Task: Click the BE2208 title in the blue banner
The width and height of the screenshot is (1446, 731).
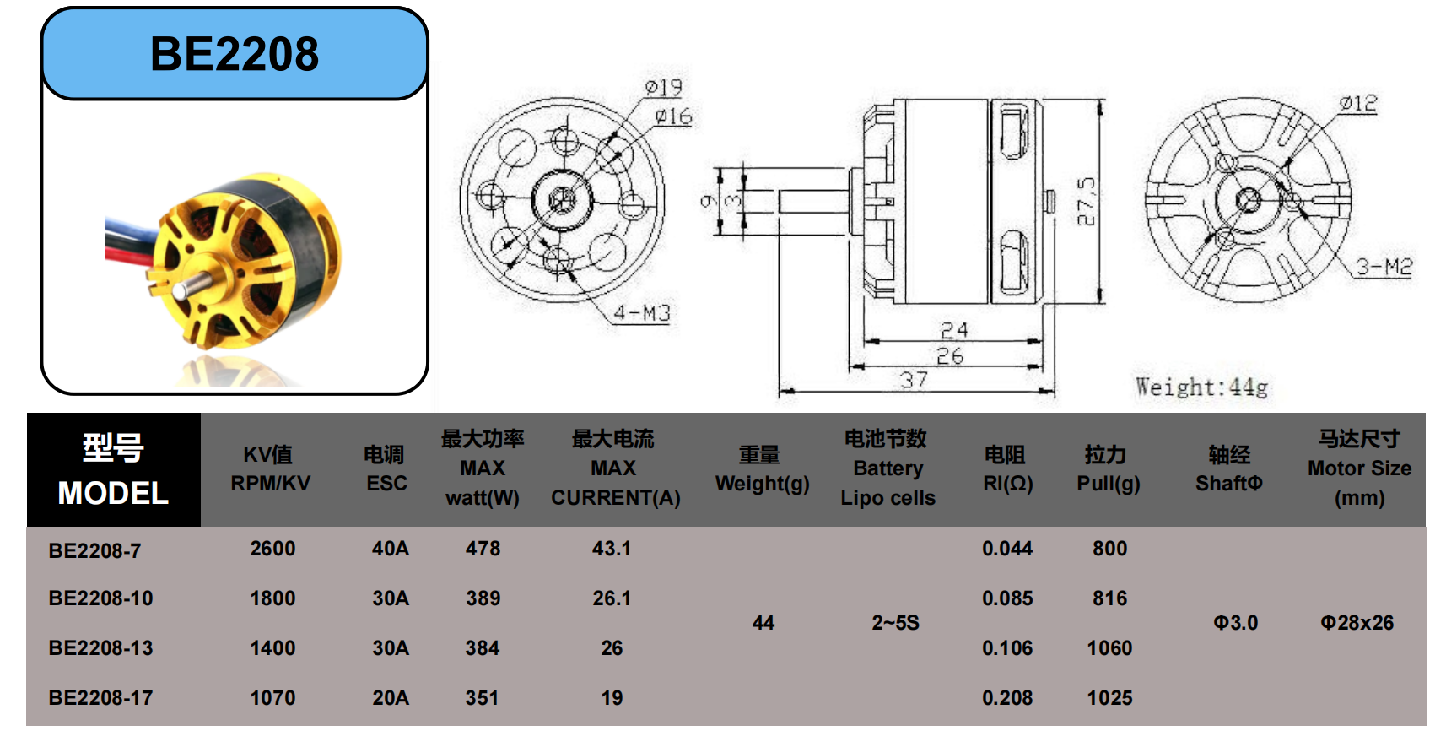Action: (x=235, y=54)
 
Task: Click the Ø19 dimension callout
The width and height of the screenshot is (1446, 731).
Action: (x=663, y=88)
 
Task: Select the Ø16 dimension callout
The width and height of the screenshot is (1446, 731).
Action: (x=673, y=116)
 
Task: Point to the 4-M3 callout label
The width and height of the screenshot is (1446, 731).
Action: (x=642, y=313)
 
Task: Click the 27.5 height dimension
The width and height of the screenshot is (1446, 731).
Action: (x=1086, y=201)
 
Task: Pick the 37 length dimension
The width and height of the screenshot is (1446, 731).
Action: (x=914, y=380)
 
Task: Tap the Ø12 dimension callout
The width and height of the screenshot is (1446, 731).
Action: (x=1358, y=103)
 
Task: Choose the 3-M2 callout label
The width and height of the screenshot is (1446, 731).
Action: (x=1384, y=268)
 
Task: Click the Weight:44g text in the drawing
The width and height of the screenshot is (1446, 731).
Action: (x=1201, y=387)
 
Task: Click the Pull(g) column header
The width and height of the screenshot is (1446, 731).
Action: (x=1108, y=469)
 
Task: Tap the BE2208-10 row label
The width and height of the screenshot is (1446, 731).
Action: (x=101, y=598)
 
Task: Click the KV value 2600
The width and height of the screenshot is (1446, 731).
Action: (x=272, y=549)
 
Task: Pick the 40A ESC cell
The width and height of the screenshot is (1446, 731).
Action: (x=390, y=549)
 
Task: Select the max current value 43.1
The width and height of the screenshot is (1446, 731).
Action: (x=612, y=549)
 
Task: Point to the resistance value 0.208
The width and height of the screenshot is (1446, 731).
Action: (x=1007, y=698)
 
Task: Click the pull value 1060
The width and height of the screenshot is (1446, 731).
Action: (x=1109, y=648)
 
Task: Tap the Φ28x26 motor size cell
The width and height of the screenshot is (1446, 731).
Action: (x=1357, y=623)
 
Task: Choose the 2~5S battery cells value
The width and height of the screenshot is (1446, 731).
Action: (x=895, y=623)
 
